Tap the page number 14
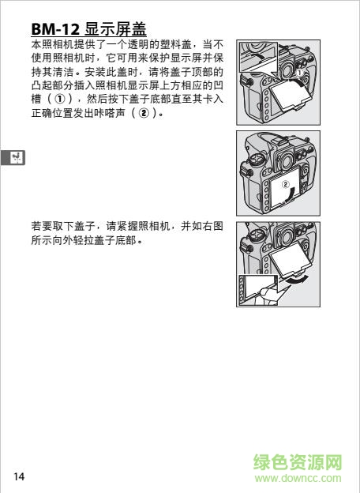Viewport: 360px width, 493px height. coord(19,476)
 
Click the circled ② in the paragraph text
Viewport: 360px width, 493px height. coord(144,113)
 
